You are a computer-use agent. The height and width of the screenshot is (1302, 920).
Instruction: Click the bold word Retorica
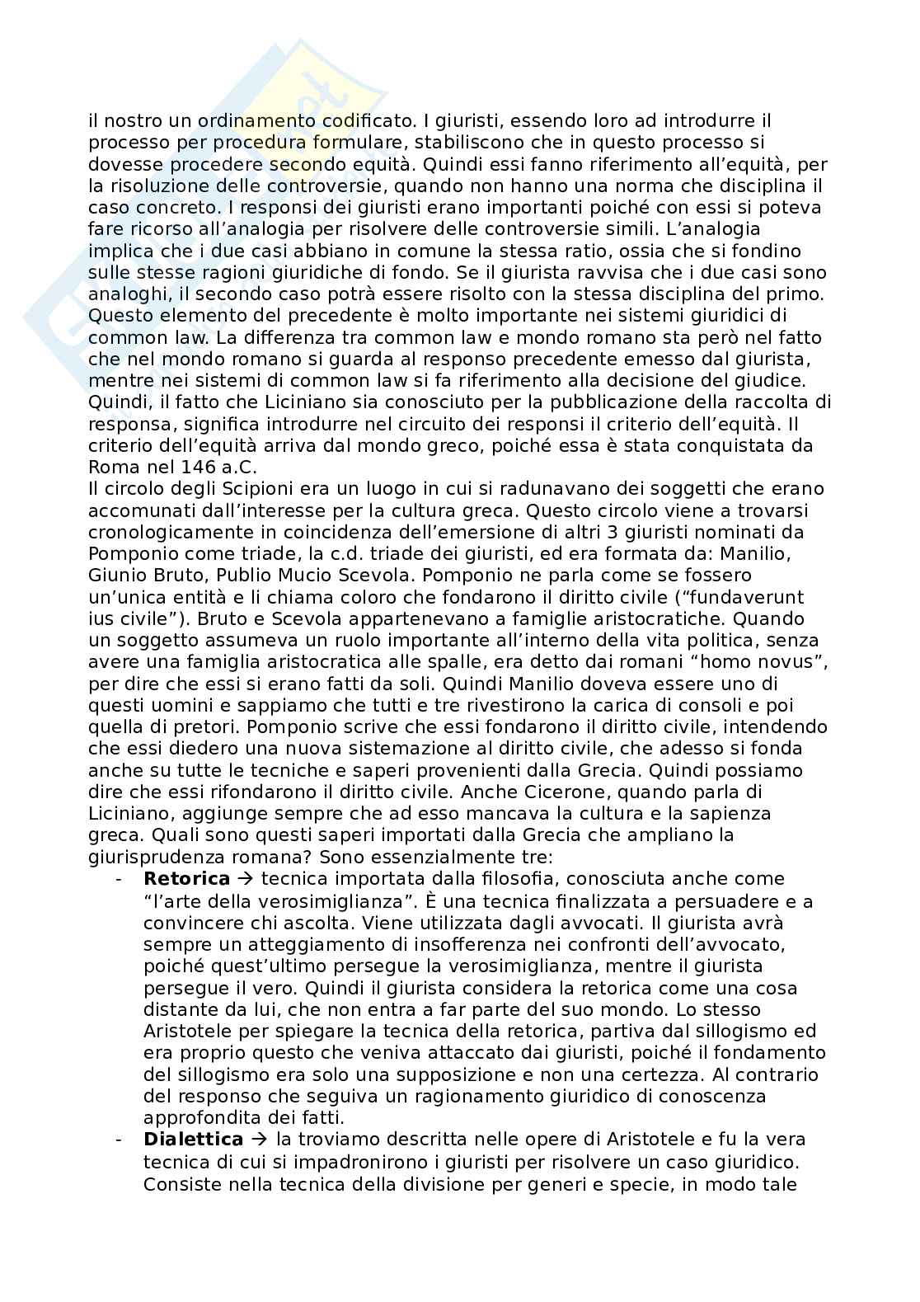click(186, 879)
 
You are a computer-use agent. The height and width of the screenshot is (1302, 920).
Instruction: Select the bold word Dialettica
click(193, 1140)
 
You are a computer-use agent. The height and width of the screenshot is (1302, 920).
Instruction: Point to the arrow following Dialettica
click(259, 1140)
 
